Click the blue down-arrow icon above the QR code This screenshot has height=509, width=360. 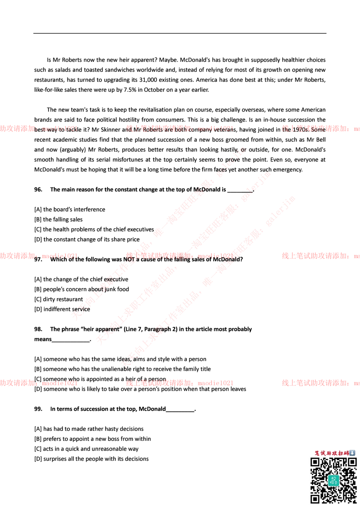tap(352, 453)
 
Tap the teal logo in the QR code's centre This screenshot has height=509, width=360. tap(333, 480)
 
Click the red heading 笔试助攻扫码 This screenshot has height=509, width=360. tap(331, 453)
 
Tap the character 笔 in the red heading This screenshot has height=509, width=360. tap(317, 453)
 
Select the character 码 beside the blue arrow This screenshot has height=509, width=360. tap(346, 453)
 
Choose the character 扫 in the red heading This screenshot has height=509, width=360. tap(340, 453)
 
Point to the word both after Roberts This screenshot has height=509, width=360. tap(181, 130)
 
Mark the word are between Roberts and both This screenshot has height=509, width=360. tap(168, 130)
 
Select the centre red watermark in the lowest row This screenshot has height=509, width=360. tap(179, 383)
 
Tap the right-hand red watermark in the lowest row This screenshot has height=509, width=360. tap(320, 383)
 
